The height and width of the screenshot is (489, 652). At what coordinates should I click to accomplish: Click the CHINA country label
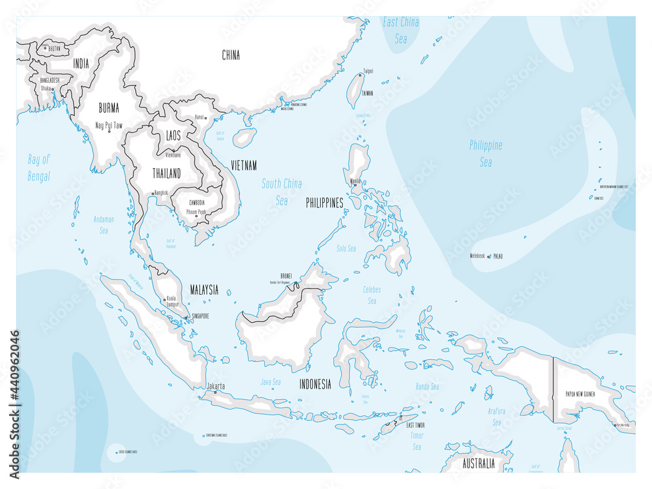[231, 55]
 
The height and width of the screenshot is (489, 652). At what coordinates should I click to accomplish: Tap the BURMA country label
[108, 108]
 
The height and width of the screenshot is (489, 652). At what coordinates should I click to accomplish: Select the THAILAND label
[166, 173]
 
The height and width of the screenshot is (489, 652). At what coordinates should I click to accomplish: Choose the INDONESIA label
[315, 385]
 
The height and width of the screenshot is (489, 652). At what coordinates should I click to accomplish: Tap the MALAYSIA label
[204, 290]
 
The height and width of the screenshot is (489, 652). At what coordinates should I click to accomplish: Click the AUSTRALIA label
[478, 464]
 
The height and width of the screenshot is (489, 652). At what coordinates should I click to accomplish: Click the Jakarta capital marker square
[216, 393]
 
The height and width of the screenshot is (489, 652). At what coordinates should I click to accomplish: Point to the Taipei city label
[368, 70]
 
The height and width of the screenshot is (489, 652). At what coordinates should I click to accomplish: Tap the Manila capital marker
[354, 185]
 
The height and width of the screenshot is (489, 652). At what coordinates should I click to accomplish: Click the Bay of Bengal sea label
[39, 168]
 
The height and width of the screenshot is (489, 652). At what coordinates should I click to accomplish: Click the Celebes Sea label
[372, 295]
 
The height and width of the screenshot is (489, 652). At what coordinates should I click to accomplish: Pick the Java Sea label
[271, 382]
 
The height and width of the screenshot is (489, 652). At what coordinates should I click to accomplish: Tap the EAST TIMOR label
[415, 425]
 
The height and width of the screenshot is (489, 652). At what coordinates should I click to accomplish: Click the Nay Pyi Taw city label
[109, 125]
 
